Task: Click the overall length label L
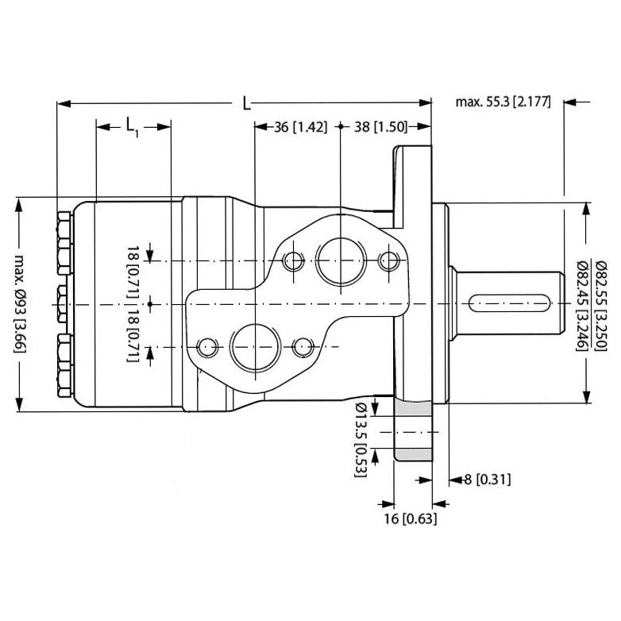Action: tap(247, 103)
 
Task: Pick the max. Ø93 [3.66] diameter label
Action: tap(19, 306)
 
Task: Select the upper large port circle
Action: tap(339, 260)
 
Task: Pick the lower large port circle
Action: tap(253, 346)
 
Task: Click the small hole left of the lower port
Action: tap(208, 346)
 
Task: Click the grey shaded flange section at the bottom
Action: tap(413, 433)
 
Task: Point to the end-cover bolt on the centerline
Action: tap(63, 303)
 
